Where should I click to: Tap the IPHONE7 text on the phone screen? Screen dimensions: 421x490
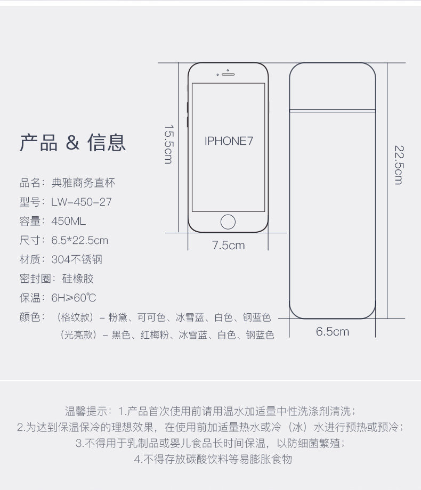(x=228, y=141)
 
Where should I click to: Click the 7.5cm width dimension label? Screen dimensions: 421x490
(x=228, y=245)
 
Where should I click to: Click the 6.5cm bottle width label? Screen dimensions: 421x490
(x=332, y=331)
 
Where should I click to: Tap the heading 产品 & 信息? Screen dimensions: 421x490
(x=73, y=143)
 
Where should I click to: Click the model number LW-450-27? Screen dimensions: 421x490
(x=82, y=202)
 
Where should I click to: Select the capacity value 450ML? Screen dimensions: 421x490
(x=69, y=221)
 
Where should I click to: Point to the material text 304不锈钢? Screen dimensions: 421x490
(x=77, y=259)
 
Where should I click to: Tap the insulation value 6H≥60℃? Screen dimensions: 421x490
(x=74, y=298)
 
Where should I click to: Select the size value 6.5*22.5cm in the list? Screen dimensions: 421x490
(x=80, y=240)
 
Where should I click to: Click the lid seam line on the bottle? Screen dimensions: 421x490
(x=333, y=111)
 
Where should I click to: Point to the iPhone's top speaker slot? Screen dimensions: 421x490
(x=228, y=74)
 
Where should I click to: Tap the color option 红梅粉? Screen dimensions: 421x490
(x=155, y=336)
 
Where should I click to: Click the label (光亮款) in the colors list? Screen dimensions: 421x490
(x=78, y=336)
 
